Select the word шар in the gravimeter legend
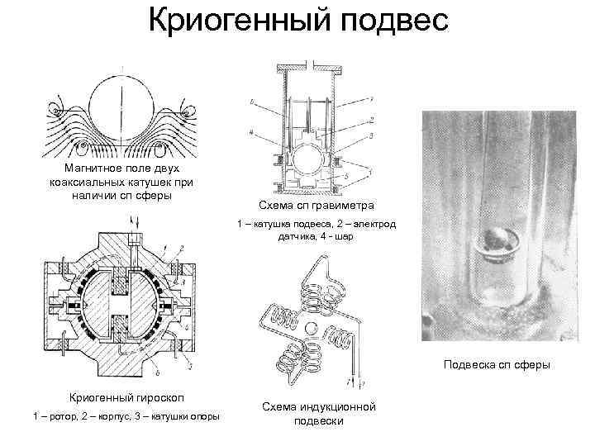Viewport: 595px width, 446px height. [343, 236]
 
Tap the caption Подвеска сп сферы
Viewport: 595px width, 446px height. [497, 364]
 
